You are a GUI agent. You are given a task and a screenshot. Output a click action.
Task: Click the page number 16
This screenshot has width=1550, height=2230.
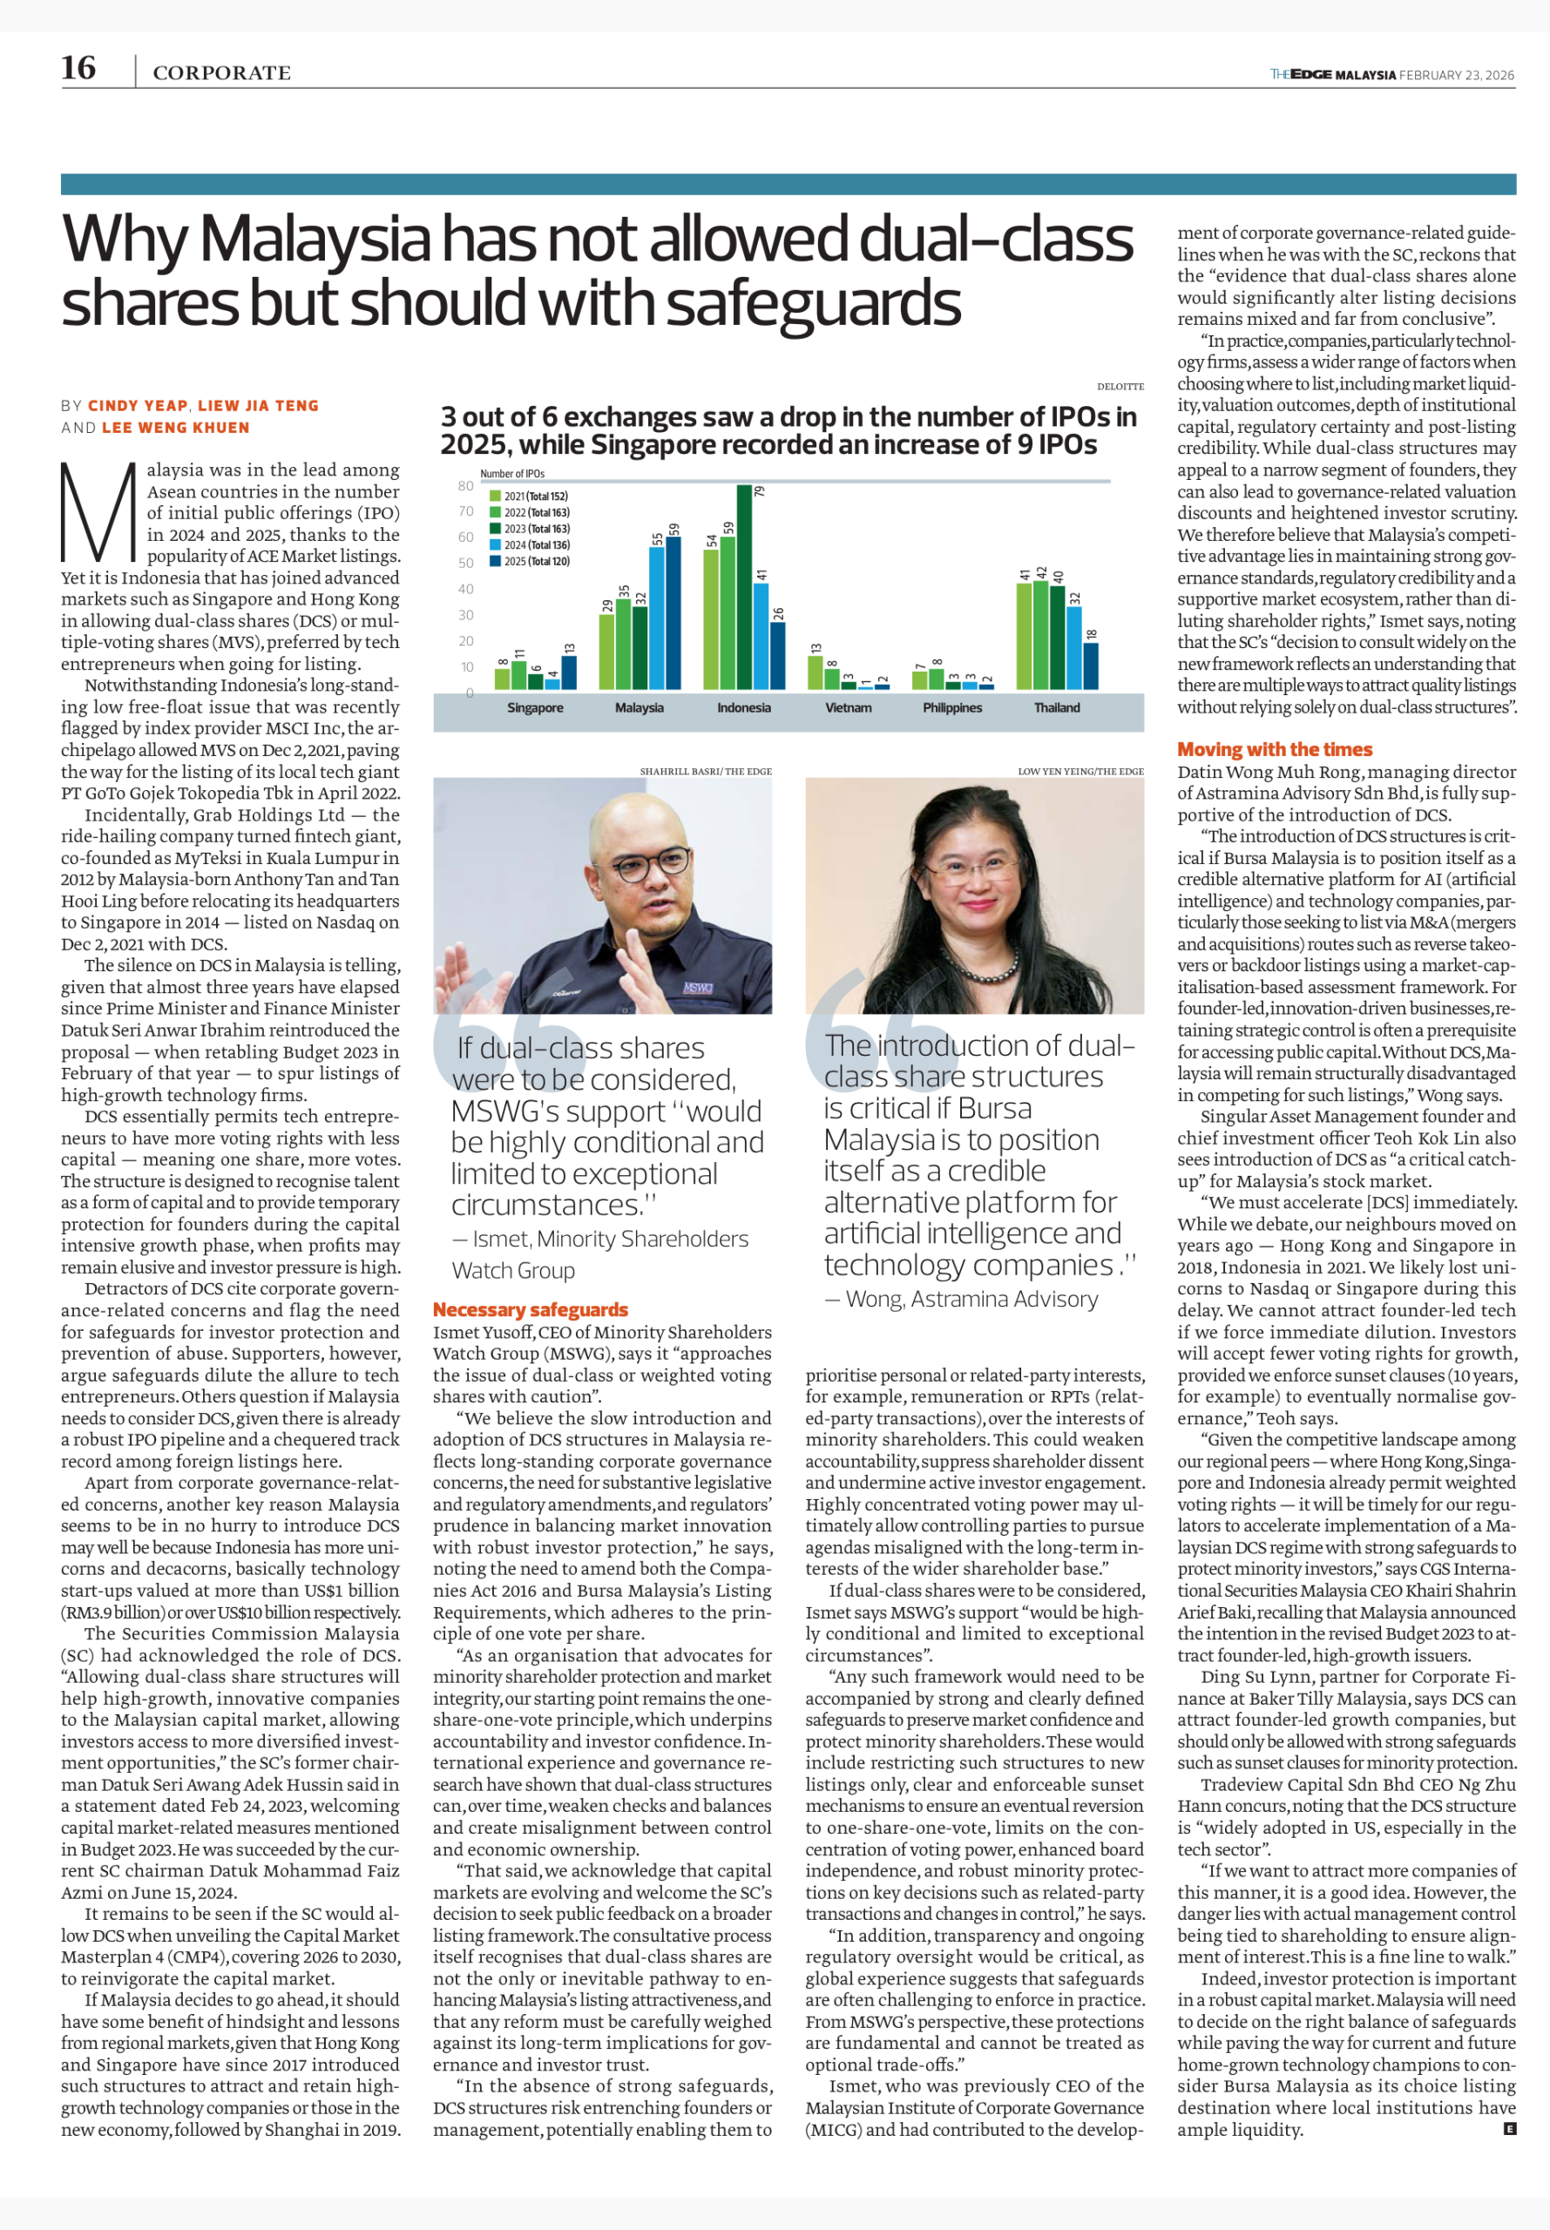[78, 68]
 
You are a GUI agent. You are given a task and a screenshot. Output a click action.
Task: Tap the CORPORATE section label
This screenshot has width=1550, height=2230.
[221, 73]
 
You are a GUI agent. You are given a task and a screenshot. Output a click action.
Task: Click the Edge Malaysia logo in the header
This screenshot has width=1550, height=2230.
[1332, 75]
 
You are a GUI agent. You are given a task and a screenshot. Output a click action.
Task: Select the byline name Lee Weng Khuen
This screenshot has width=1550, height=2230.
[176, 427]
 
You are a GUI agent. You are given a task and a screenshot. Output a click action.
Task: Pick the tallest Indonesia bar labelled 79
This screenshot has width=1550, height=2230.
[744, 586]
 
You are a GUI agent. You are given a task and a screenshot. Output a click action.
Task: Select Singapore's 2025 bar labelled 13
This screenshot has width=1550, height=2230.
[569, 672]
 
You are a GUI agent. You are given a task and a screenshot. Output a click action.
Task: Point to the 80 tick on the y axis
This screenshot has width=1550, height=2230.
[466, 485]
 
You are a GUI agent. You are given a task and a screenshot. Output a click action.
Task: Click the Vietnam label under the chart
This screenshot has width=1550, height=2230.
[848, 707]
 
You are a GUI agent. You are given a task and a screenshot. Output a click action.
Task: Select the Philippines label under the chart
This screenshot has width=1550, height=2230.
[951, 707]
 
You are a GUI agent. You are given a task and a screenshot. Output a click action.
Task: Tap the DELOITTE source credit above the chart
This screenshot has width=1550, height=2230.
[1120, 387]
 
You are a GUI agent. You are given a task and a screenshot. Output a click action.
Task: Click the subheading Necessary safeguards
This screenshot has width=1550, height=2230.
[531, 1309]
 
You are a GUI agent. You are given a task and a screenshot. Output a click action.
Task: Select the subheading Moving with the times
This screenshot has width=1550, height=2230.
[1274, 749]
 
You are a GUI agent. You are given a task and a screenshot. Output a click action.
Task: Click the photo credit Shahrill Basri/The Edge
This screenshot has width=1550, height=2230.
[705, 771]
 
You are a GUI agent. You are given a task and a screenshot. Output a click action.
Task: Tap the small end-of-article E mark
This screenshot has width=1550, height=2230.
[1509, 2129]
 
